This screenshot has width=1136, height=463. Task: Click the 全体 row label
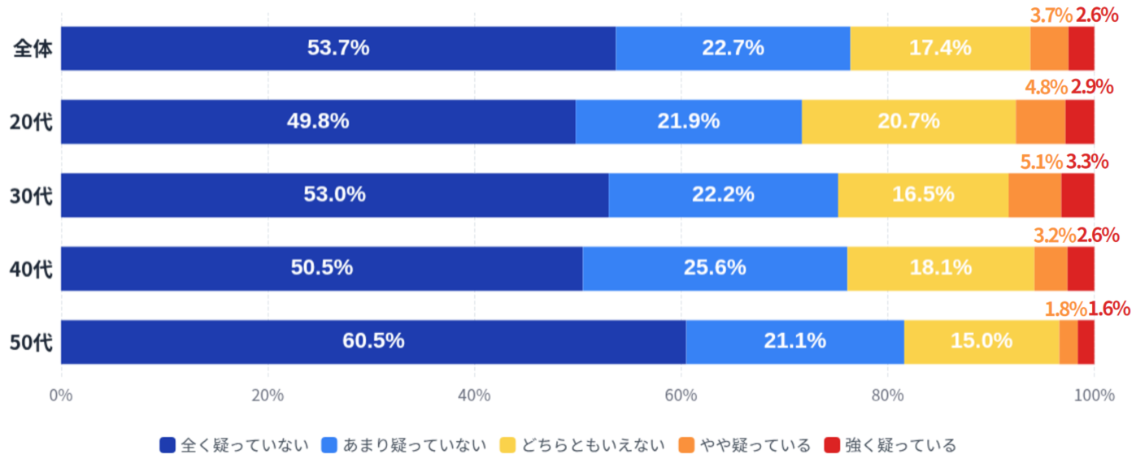[33, 49]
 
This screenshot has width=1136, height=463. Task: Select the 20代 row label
[32, 122]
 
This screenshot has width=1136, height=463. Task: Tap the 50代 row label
[32, 342]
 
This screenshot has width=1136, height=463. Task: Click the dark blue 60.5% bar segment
[373, 342]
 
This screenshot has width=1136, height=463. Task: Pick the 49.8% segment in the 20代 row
[318, 122]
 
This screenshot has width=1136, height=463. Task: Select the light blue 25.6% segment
[715, 268]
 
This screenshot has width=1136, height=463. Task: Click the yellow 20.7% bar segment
[908, 122]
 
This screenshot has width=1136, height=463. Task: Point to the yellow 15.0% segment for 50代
[981, 342]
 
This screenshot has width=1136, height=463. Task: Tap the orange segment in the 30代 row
[1034, 195]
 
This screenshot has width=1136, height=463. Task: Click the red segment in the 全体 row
[1081, 49]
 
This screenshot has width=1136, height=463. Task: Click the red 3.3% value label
[1087, 162]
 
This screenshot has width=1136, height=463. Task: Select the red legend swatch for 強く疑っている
[833, 445]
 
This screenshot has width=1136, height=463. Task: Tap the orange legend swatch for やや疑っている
[687, 445]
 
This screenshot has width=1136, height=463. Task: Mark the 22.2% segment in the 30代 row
[723, 195]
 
